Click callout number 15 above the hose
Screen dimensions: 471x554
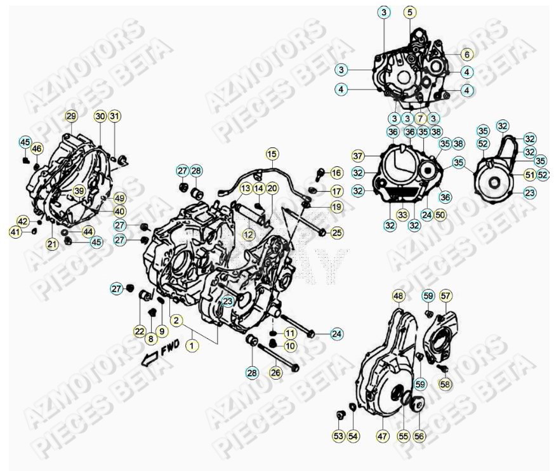(272, 154)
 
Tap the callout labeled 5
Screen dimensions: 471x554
(409, 12)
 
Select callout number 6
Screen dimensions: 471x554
(466, 55)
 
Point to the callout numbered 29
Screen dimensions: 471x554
(70, 116)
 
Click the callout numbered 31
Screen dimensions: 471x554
(114, 116)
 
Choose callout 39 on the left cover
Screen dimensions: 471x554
(79, 190)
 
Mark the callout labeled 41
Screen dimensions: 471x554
(15, 233)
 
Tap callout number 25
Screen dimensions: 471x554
(336, 233)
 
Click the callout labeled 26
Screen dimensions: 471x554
(275, 373)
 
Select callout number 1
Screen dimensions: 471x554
(192, 345)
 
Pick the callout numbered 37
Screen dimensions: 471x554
(358, 156)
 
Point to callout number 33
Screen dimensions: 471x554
(402, 215)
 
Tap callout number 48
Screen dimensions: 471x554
(398, 296)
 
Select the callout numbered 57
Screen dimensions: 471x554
(446, 296)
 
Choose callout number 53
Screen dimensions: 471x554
(338, 436)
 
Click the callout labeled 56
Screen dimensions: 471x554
(419, 436)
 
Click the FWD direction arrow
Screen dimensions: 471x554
(149, 359)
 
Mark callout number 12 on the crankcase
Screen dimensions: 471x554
(248, 235)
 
